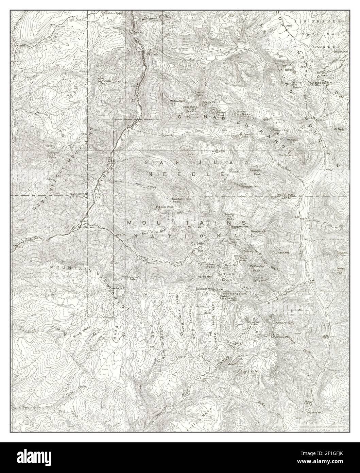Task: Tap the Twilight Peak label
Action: [52, 155]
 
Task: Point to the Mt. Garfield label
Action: [177, 101]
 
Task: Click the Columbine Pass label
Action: [206, 266]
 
